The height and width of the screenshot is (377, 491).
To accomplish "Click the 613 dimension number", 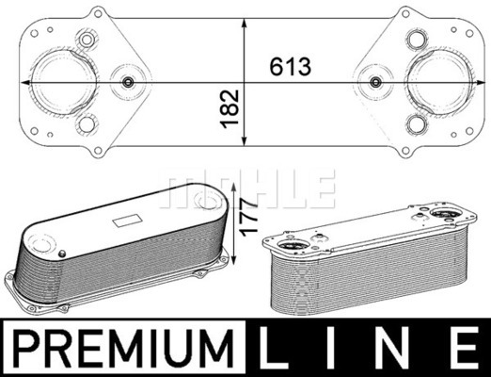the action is click(291, 67).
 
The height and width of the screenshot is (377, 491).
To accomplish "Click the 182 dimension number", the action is click(230, 109).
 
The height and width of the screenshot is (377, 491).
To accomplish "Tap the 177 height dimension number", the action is click(248, 216).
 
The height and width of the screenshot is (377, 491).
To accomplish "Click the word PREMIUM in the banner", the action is click(124, 349).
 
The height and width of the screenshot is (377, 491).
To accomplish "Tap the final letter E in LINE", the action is click(465, 348).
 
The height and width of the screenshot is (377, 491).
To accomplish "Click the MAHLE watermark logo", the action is click(247, 189).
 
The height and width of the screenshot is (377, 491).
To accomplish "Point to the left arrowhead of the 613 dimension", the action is click(25, 82).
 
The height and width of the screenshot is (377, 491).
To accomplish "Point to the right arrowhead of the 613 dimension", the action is click(481, 82).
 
